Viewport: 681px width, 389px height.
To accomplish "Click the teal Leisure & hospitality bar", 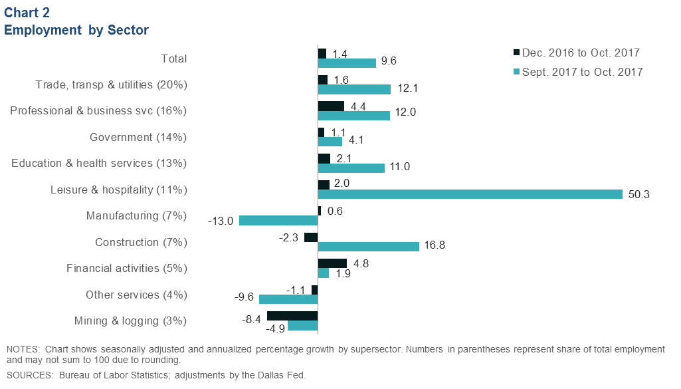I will pyautogui.click(x=470, y=194).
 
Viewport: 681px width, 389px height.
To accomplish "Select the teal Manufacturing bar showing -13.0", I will pyautogui.click(x=278, y=220).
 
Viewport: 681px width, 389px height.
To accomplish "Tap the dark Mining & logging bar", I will pyautogui.click(x=292, y=316).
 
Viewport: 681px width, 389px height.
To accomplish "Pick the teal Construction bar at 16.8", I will pyautogui.click(x=369, y=246).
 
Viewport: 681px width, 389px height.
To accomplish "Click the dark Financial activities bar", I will pyautogui.click(x=332, y=263).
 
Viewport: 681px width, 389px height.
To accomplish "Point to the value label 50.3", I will pyautogui.click(x=638, y=194).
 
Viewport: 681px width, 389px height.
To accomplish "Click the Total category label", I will pyautogui.click(x=174, y=59).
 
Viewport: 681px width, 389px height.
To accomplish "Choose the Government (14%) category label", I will pyautogui.click(x=138, y=137).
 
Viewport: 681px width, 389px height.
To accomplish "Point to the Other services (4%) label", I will pyautogui.click(x=136, y=295).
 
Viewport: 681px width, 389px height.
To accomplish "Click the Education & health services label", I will pyautogui.click(x=99, y=164).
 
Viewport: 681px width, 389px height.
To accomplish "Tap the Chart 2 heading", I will pyautogui.click(x=27, y=12).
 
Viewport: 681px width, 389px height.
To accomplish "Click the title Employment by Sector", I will pyautogui.click(x=76, y=30).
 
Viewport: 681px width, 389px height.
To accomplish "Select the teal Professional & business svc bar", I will pyautogui.click(x=354, y=115).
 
